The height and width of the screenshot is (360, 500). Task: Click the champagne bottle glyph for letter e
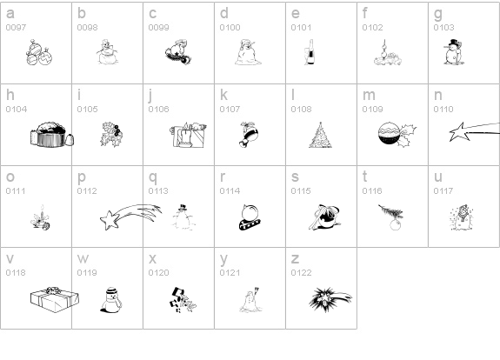coord(310,52)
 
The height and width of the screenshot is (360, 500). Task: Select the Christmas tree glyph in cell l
coord(320,135)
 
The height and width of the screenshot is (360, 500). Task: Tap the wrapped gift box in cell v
coord(55,299)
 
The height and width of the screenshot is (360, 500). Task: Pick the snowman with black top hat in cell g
coord(453,52)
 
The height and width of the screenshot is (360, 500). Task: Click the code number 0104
coord(17,110)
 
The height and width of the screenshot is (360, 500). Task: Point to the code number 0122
coord(301,273)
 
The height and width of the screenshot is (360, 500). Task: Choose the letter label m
coord(369,96)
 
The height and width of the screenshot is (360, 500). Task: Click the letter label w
coord(83,258)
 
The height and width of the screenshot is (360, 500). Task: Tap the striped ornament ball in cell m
coord(389,133)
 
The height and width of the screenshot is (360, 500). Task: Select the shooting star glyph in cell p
coord(130,217)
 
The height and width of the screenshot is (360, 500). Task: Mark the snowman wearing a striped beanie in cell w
coord(111,300)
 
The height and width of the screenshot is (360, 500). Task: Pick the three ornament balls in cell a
coord(39,52)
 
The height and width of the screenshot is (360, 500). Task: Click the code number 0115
coord(301,191)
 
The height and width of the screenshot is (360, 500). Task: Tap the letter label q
coord(153,178)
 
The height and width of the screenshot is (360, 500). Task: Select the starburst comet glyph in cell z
coord(330,299)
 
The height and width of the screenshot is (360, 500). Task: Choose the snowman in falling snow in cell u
coord(461,217)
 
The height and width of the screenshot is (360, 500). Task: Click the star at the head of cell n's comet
coord(459,132)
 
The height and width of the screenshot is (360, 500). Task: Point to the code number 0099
coord(158,28)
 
